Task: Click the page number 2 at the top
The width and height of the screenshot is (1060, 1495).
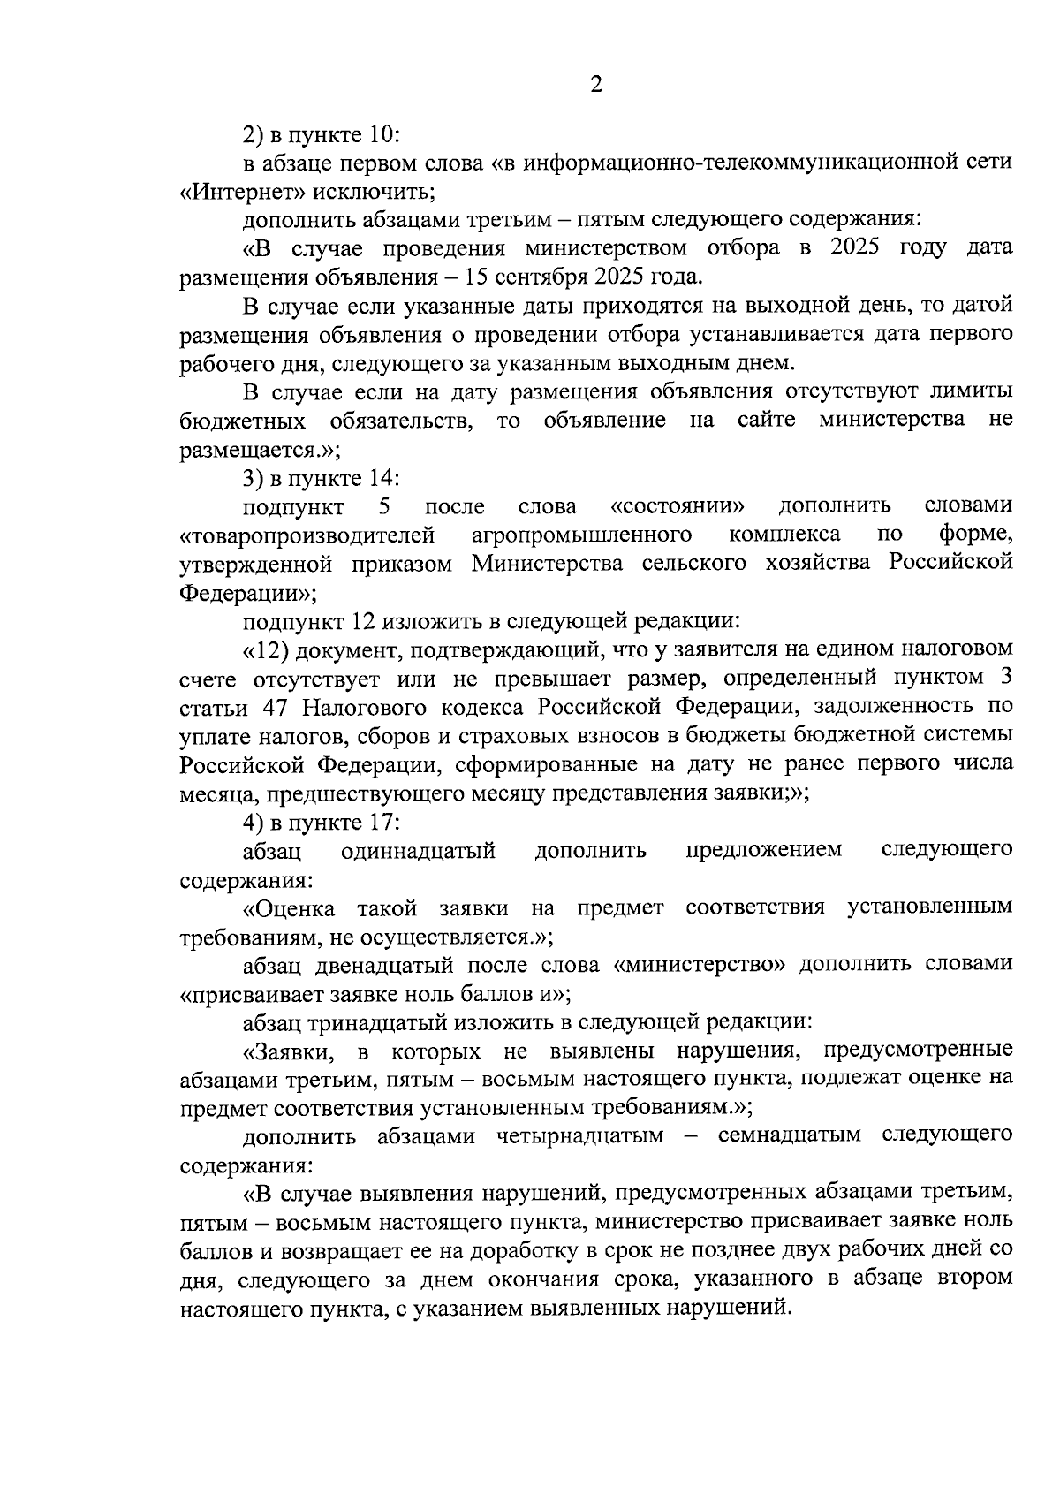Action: [x=595, y=86]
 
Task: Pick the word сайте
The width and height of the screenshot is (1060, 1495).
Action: [x=767, y=420]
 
